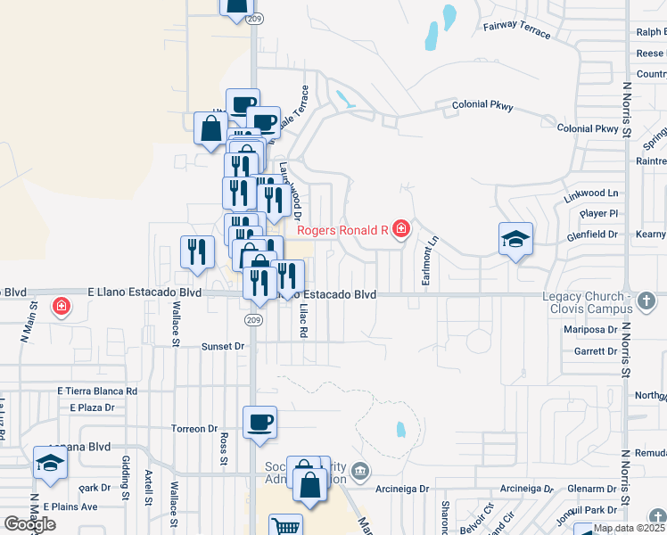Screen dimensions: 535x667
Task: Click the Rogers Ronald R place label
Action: (x=342, y=230)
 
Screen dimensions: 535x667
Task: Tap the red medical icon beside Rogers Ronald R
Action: (x=401, y=230)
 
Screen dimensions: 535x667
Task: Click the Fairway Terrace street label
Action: (x=516, y=29)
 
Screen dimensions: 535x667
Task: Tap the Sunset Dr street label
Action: (x=223, y=346)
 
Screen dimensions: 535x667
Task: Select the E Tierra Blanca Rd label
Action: (x=97, y=391)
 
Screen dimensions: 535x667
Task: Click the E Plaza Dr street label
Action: (x=93, y=407)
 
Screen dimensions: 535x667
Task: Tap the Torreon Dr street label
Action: (x=195, y=428)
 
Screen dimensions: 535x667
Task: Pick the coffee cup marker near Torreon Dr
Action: (x=259, y=422)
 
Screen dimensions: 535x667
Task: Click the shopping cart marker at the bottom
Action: (x=285, y=526)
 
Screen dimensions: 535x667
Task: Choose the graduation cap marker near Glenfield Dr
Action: (x=515, y=239)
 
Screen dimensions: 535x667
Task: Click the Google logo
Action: (x=30, y=524)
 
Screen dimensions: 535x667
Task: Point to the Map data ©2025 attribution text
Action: (x=629, y=528)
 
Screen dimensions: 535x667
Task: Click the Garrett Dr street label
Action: (x=596, y=351)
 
